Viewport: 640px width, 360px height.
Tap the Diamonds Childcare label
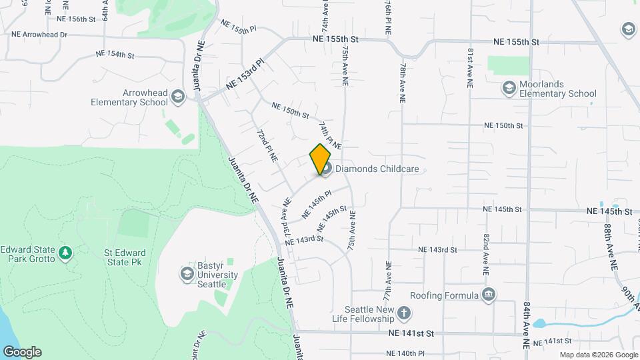point(377,169)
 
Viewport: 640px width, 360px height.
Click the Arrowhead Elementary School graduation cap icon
point(177,97)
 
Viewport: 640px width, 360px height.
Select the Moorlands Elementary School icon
point(509,89)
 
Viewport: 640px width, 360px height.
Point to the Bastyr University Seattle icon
point(187,274)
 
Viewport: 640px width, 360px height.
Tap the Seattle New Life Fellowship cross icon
point(403,313)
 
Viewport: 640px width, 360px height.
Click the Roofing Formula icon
point(489,295)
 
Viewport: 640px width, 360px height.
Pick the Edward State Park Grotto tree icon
point(65,253)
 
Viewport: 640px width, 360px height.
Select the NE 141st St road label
point(411,333)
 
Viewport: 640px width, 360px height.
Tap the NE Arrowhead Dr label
point(39,34)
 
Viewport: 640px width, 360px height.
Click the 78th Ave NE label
point(403,83)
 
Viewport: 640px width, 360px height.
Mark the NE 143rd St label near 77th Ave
point(437,249)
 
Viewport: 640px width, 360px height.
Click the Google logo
point(22,352)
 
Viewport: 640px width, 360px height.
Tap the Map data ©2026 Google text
point(598,355)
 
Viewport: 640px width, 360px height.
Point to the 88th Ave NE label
point(609,247)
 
